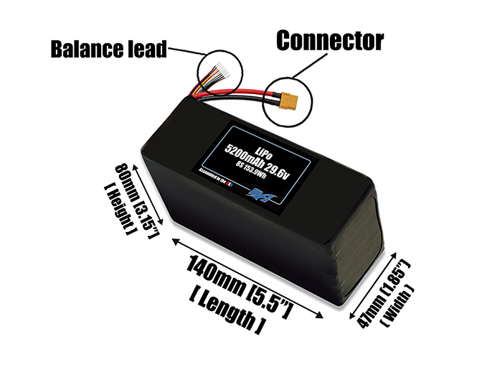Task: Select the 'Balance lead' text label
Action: click(x=108, y=50)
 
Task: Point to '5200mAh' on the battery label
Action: click(x=244, y=151)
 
